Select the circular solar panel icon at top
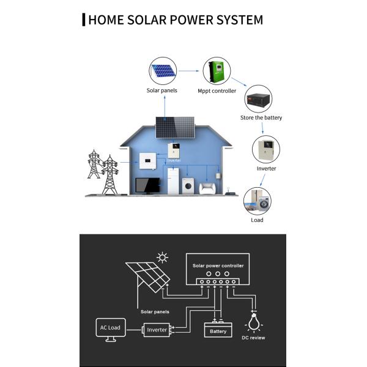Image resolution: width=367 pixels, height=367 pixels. point(162,72)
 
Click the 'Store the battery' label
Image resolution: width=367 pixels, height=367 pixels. point(261,117)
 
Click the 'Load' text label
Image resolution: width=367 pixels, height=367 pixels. point(258,220)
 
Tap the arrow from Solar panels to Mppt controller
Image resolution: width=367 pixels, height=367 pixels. point(189,72)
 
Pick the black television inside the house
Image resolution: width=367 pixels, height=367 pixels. point(147,185)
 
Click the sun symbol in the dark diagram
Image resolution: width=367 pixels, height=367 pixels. point(162,258)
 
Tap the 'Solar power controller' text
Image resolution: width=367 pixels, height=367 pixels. point(218,266)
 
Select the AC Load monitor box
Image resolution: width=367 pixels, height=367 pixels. point(111,328)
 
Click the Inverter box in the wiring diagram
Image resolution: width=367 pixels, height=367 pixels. point(157,330)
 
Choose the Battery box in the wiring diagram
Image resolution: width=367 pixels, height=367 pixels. point(218,330)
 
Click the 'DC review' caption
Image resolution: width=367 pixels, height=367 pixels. point(253,338)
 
